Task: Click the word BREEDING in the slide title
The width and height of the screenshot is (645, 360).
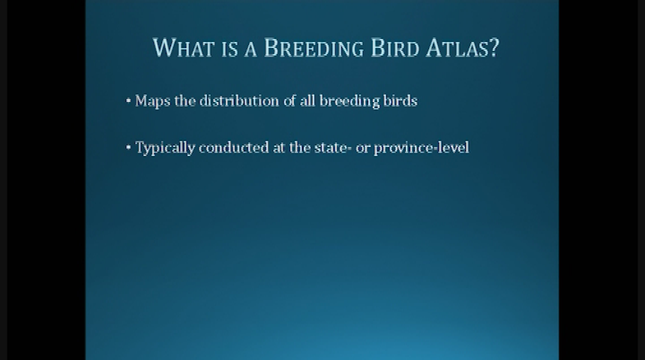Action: (314, 48)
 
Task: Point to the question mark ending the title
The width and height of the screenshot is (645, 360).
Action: (493, 48)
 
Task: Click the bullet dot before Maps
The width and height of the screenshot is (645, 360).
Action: (128, 100)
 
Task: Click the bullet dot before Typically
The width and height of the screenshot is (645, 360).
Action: (128, 148)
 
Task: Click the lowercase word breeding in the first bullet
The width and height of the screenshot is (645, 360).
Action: (347, 101)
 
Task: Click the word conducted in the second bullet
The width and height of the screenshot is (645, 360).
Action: (232, 148)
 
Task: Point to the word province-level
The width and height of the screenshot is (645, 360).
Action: (421, 148)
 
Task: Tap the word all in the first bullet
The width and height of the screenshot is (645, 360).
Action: (307, 100)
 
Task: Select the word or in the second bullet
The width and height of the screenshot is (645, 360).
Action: (363, 148)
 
